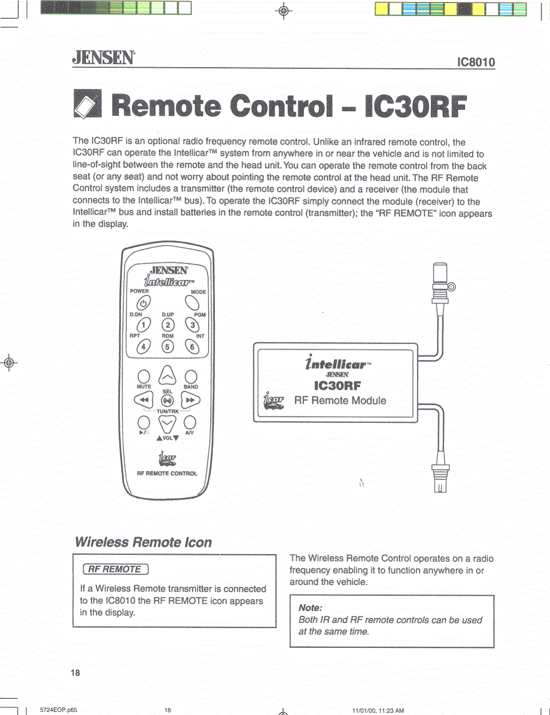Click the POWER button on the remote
pyautogui.click(x=143, y=303)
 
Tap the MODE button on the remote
pyautogui.click(x=192, y=303)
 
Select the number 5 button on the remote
pyautogui.click(x=168, y=347)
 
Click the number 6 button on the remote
pyautogui.click(x=192, y=347)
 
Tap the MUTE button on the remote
pyautogui.click(x=144, y=376)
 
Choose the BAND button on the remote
pyautogui.click(x=190, y=376)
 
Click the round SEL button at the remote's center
pyautogui.click(x=167, y=401)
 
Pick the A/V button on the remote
pyautogui.click(x=190, y=422)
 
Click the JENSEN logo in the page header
pyautogui.click(x=104, y=58)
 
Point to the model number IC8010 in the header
pyautogui.click(x=476, y=62)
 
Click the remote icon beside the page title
pyautogui.click(x=87, y=104)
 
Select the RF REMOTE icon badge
pyautogui.click(x=116, y=569)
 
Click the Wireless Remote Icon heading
pyautogui.click(x=143, y=542)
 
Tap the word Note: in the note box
pyautogui.click(x=310, y=608)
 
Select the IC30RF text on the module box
pyautogui.click(x=337, y=386)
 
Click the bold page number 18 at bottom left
pyautogui.click(x=75, y=673)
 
